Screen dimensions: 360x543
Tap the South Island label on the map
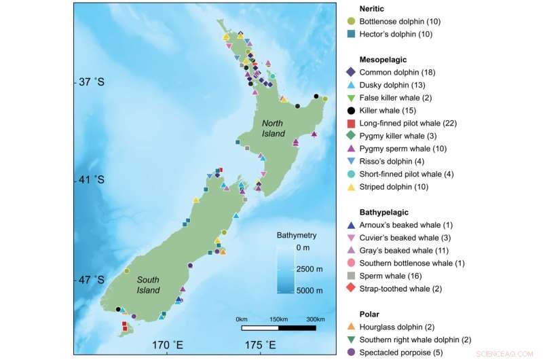[x=148, y=285]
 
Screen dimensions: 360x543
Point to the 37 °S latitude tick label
[x=90, y=82]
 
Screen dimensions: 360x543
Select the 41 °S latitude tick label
[x=90, y=180]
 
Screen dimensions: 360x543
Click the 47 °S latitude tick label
[x=90, y=279]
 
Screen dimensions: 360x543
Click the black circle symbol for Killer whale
[x=351, y=110]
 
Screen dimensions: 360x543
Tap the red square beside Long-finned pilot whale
[x=351, y=123]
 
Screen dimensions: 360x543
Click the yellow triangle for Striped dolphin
[x=351, y=187]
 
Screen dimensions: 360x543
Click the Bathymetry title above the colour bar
[x=297, y=236]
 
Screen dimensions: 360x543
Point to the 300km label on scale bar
[x=315, y=319]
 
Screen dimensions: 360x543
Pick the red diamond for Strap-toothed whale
[x=351, y=289]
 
